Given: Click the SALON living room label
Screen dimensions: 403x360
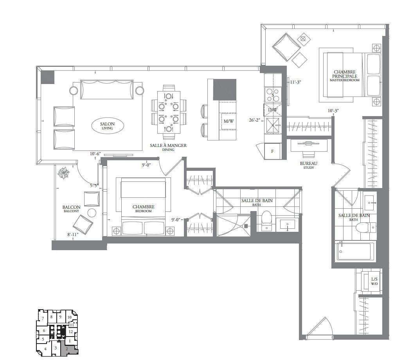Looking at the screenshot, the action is click(x=107, y=125).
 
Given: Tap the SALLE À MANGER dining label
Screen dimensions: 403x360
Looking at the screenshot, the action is click(x=168, y=147).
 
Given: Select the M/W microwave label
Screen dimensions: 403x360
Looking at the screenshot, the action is click(x=228, y=121).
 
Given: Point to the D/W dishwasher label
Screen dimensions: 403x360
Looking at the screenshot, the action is click(x=272, y=110).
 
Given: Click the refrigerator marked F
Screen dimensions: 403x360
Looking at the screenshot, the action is click(x=273, y=151).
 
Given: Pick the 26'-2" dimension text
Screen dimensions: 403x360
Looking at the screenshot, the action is click(x=255, y=120).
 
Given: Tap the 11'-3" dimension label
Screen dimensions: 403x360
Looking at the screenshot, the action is click(x=295, y=82).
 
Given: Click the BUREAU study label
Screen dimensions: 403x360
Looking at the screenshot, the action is click(x=308, y=165).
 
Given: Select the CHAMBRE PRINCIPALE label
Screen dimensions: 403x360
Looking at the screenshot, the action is click(x=344, y=75).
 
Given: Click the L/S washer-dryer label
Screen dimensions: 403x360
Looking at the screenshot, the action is click(x=374, y=281).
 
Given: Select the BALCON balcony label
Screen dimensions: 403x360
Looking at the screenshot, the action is click(x=71, y=208).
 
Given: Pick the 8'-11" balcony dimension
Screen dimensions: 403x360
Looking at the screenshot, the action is click(x=73, y=235).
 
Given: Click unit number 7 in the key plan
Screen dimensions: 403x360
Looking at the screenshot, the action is click(x=43, y=319).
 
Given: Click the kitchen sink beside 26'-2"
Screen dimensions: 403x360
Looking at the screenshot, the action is click(x=273, y=125).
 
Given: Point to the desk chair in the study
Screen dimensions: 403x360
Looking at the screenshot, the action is click(x=308, y=154).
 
